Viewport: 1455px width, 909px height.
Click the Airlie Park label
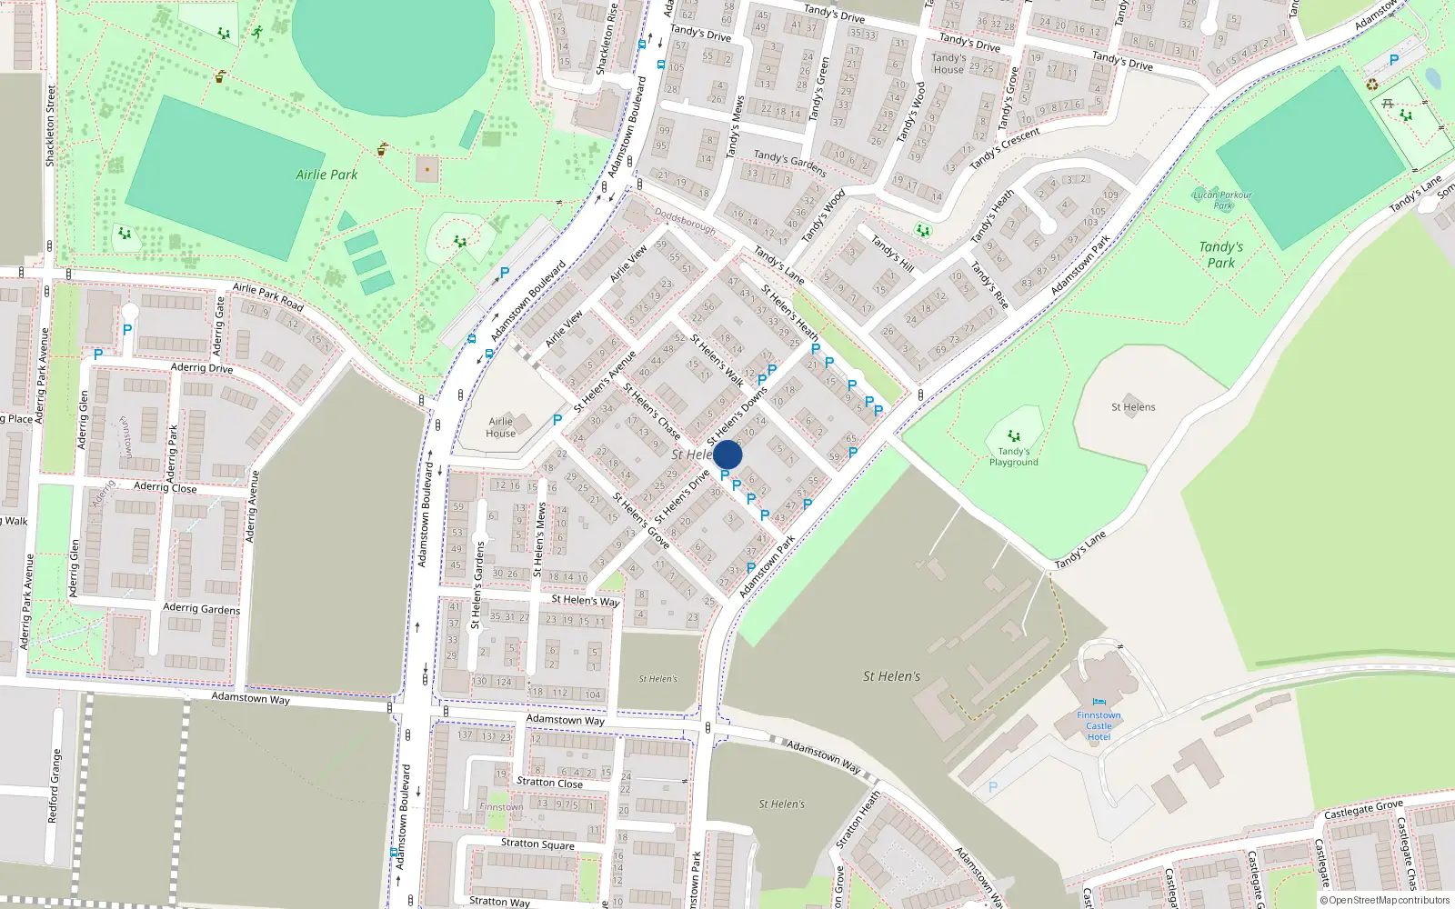(326, 175)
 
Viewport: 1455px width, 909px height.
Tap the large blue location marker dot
(727, 454)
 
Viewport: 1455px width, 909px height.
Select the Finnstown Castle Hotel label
(1099, 726)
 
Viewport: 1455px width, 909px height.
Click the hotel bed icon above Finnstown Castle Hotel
(1099, 703)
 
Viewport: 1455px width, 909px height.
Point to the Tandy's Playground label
(1014, 456)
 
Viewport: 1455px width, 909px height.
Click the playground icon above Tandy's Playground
(1014, 436)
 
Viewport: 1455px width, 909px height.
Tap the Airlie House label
(501, 427)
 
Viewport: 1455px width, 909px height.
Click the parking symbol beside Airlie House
(557, 420)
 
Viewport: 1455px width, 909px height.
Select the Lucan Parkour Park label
(1222, 200)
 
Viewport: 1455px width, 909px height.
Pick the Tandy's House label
(948, 64)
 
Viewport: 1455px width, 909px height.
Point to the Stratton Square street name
(537, 844)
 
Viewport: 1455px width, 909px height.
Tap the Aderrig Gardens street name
(201, 608)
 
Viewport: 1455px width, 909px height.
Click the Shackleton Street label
(51, 125)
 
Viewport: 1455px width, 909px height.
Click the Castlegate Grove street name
(1363, 810)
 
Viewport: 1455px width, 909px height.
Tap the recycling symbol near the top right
(1371, 85)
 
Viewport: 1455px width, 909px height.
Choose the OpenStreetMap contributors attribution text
(1384, 901)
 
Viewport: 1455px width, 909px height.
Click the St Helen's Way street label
(585, 600)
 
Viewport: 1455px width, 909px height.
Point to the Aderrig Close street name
(165, 487)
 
